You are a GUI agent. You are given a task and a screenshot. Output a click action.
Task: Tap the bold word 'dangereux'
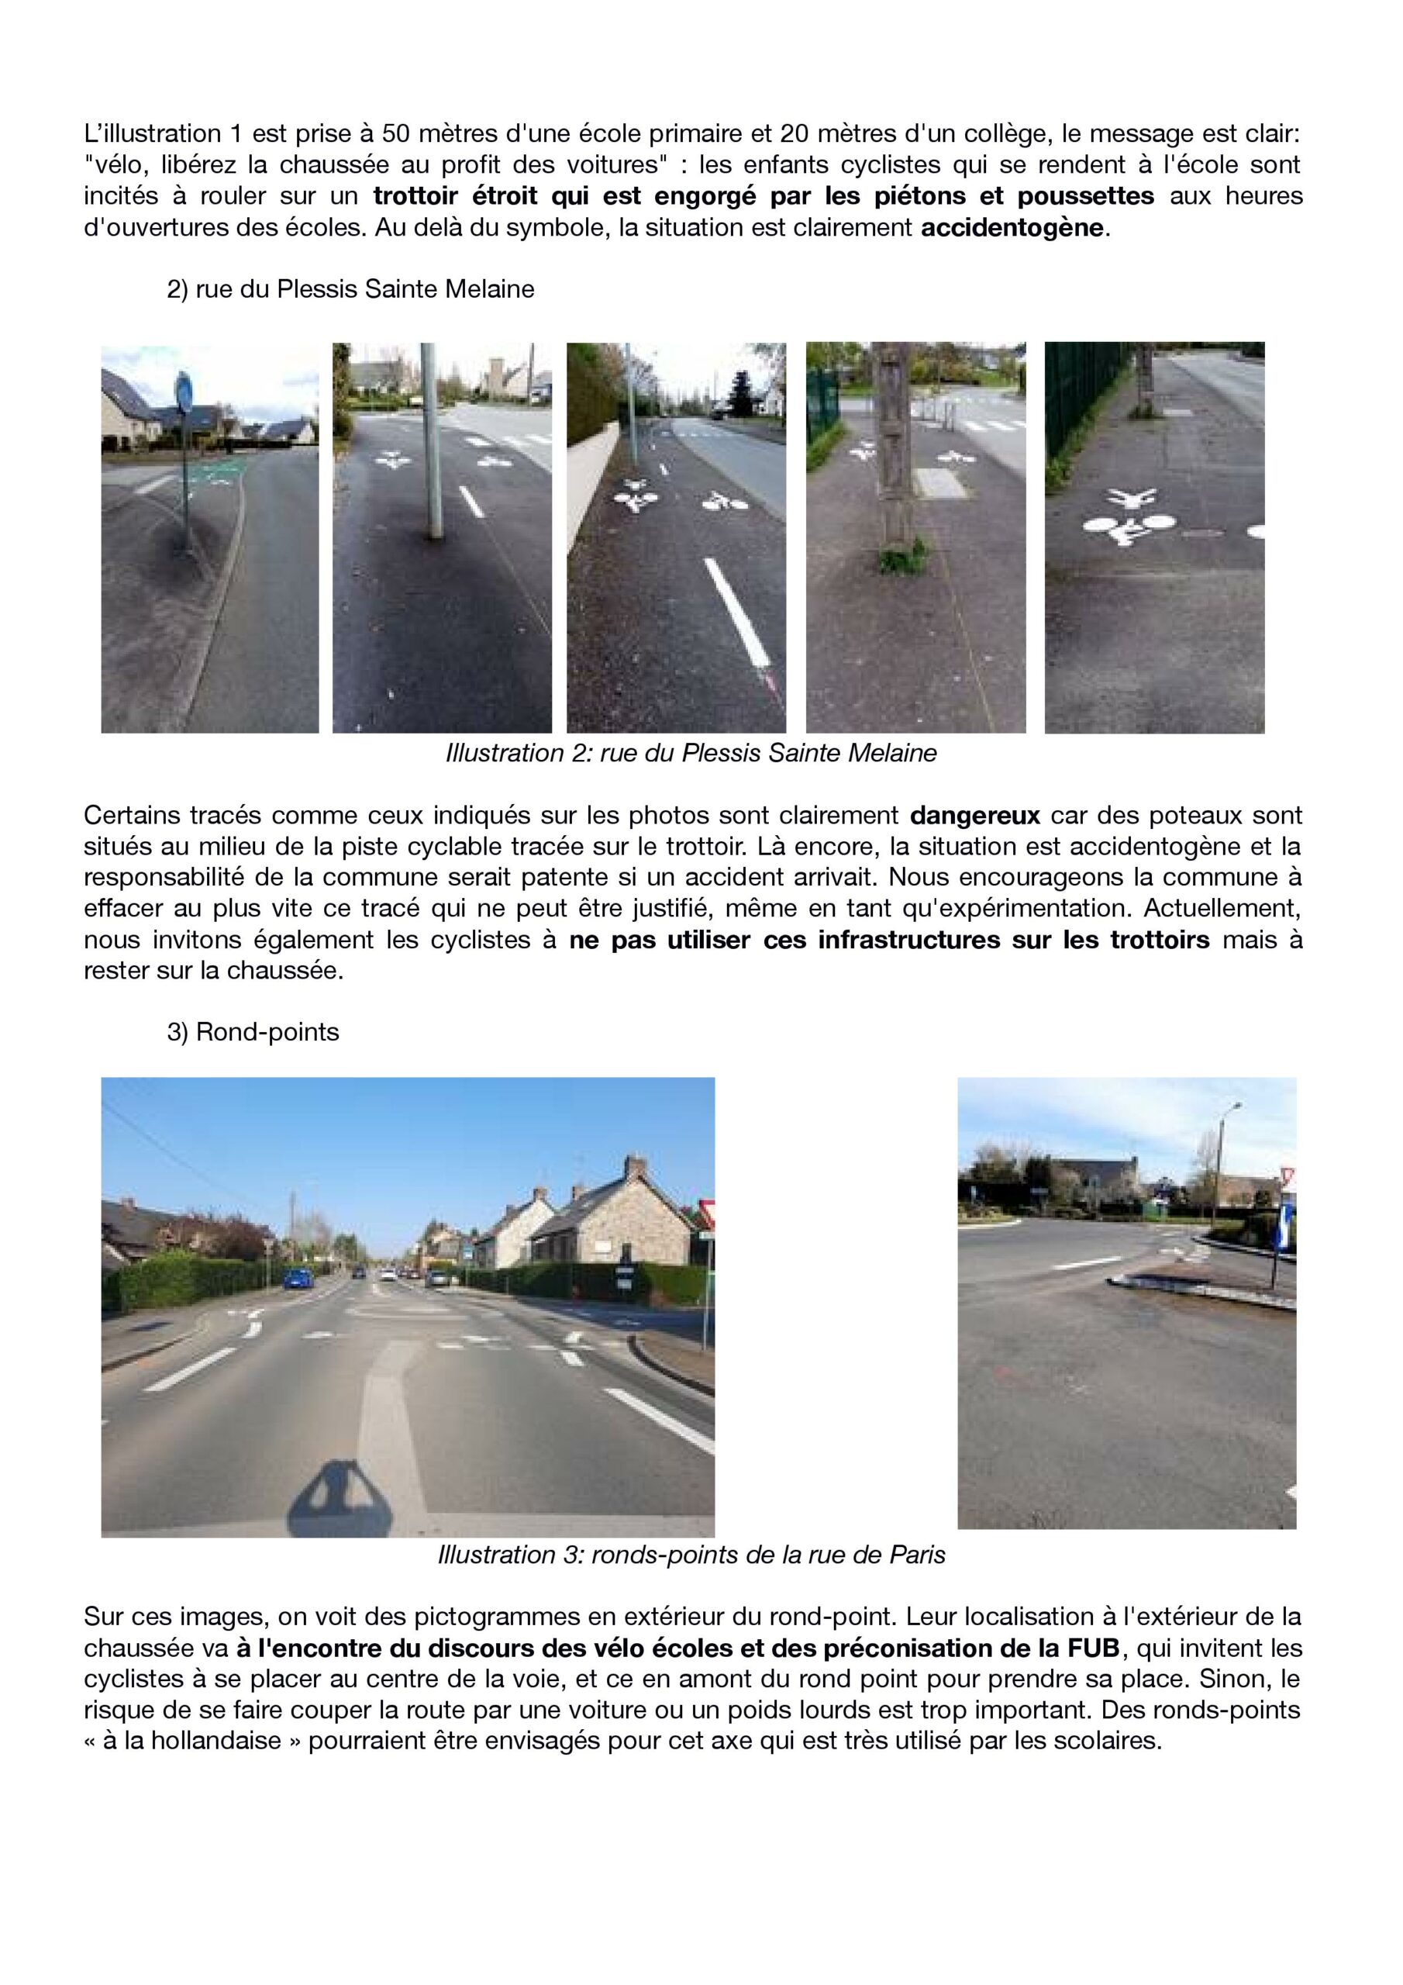[x=974, y=815]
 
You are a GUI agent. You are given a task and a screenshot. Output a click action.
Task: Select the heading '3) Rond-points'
[x=253, y=1031]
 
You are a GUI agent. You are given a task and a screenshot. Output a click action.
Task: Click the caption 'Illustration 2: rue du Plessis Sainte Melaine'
[x=691, y=753]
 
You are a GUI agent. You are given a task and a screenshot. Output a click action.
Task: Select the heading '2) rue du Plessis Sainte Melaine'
[x=350, y=288]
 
